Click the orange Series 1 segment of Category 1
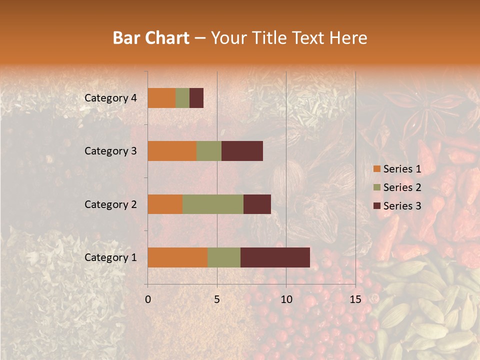click(177, 257)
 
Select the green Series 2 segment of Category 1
click(224, 257)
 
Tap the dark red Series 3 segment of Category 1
click(275, 257)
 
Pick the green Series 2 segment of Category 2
click(213, 204)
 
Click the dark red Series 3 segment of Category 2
click(257, 204)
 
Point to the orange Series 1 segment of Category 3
click(172, 151)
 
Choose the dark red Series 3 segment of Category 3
click(242, 151)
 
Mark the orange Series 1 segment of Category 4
click(161, 98)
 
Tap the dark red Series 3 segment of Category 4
click(196, 98)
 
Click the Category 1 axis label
click(110, 257)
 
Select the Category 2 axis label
click(110, 204)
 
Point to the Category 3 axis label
click(110, 151)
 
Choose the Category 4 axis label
click(110, 98)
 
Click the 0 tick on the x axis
click(148, 299)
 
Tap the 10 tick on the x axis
click(286, 299)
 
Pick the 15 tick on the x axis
click(355, 299)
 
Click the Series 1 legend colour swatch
click(376, 169)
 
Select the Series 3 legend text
click(402, 206)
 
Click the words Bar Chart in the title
click(150, 37)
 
